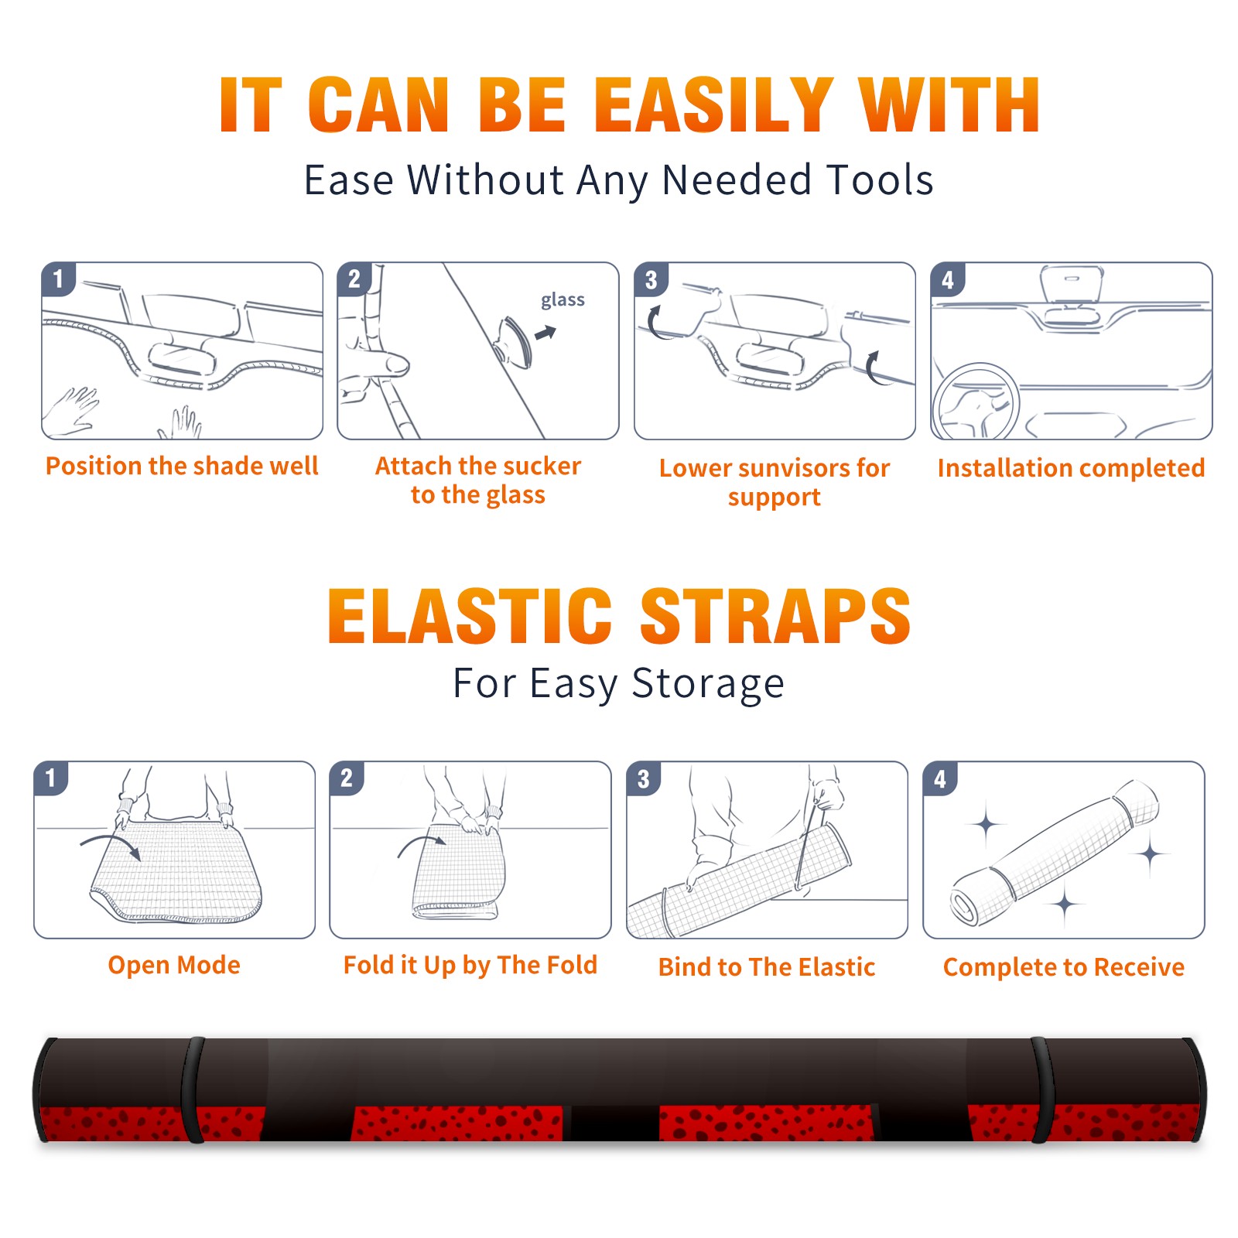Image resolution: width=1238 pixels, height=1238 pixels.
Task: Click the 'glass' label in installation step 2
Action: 563,300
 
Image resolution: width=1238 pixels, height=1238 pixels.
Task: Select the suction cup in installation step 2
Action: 514,340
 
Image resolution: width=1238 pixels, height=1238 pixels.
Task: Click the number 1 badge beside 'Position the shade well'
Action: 58,279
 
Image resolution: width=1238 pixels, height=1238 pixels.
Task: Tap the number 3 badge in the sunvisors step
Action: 651,279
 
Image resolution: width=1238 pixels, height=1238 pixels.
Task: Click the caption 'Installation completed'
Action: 1071,467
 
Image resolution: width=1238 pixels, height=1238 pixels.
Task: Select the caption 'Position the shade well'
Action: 182,466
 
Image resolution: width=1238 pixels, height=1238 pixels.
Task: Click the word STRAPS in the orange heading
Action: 775,616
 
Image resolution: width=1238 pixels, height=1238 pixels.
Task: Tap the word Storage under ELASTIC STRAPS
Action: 708,684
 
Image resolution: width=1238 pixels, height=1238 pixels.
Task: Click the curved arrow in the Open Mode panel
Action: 111,845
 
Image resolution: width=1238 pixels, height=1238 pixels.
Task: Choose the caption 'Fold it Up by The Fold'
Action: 470,965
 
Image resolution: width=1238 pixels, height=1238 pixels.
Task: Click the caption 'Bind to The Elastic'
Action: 767,967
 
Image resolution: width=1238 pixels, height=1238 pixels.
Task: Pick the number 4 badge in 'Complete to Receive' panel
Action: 940,778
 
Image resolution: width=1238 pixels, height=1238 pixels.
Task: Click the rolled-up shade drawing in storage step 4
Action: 1055,853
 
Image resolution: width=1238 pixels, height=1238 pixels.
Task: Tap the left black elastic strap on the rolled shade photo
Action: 193,1089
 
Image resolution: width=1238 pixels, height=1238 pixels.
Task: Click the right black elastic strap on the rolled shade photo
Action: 1041,1089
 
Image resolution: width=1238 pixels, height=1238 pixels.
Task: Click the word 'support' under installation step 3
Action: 775,498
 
